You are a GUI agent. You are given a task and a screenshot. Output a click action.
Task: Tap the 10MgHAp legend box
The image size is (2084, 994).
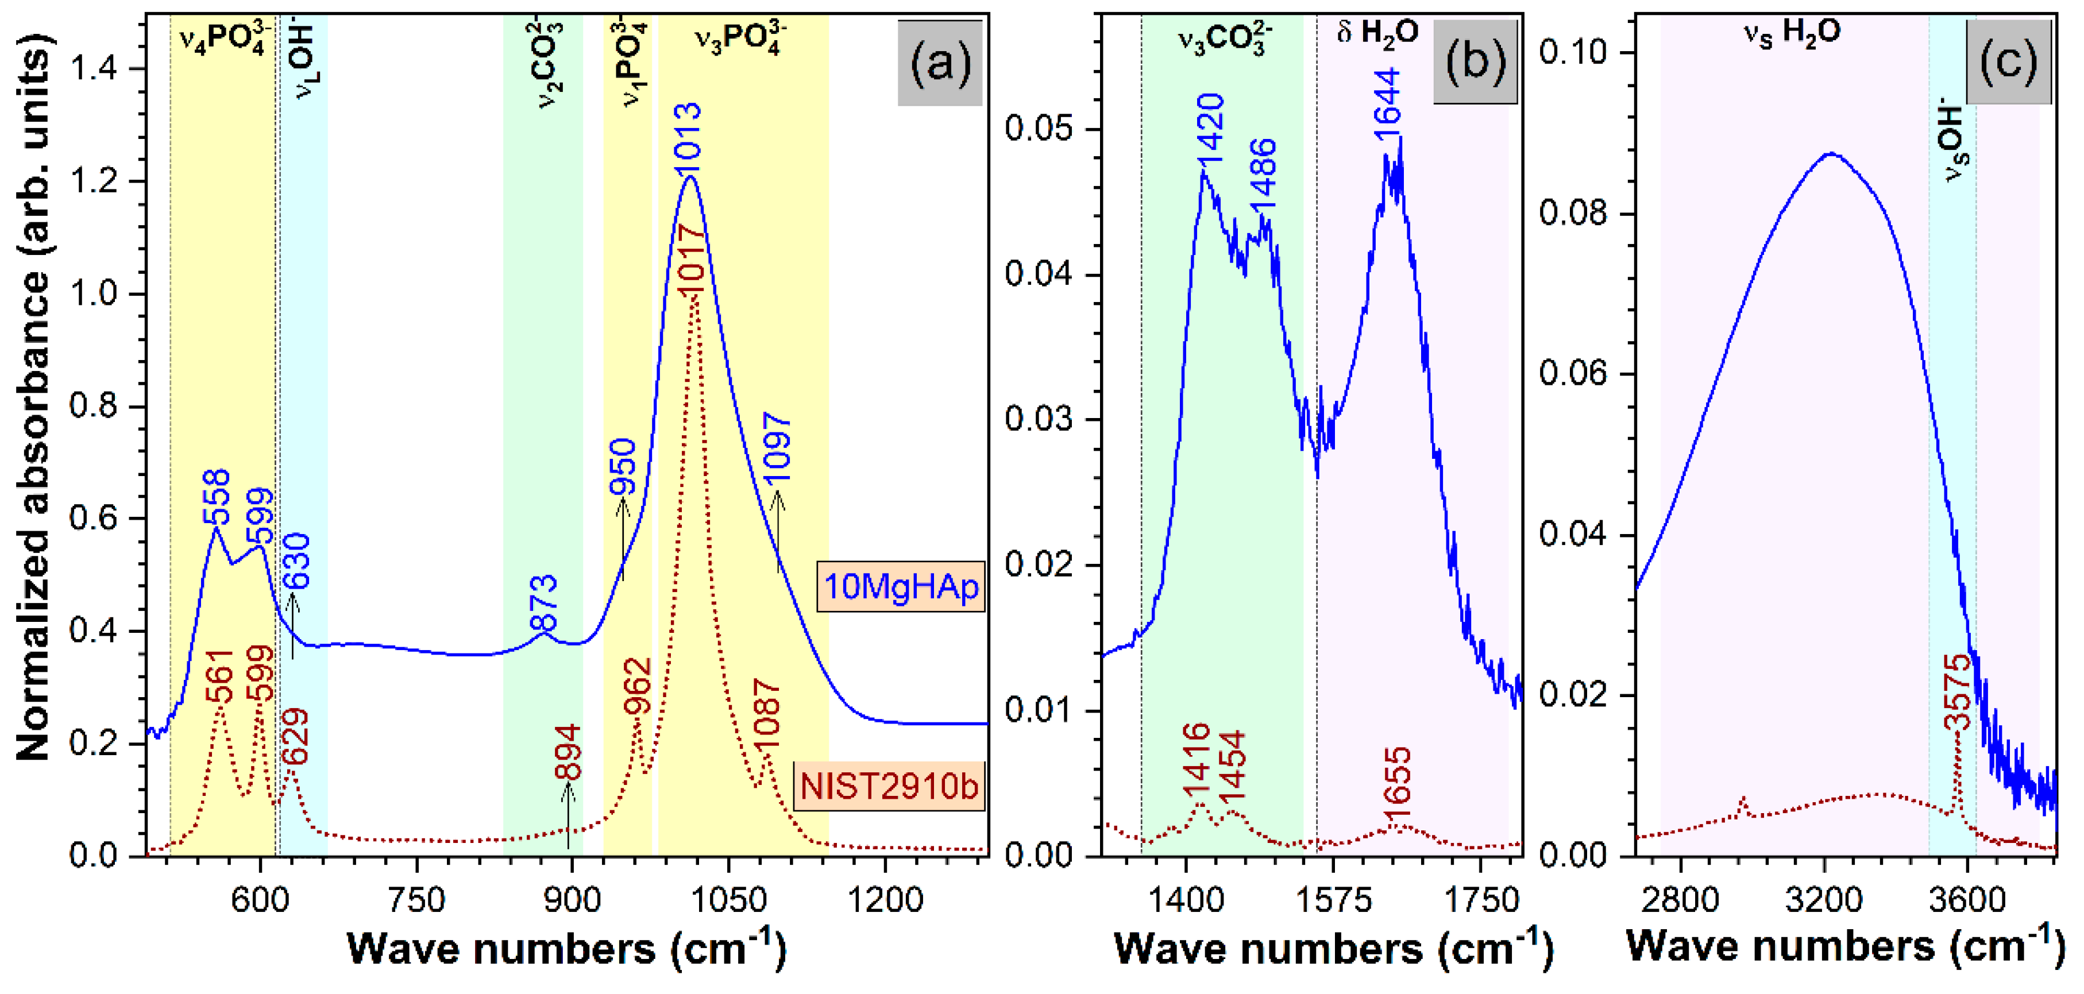click(901, 586)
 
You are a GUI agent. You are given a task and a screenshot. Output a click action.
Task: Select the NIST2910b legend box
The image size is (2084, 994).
click(889, 786)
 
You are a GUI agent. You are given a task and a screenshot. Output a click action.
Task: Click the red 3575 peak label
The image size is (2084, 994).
click(1958, 693)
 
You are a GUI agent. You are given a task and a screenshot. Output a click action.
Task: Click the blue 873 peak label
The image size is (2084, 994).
click(543, 602)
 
